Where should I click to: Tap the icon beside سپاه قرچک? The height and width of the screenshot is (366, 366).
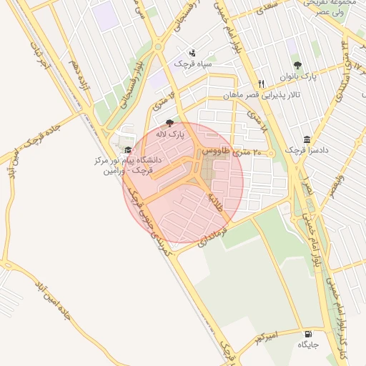[x=192, y=53]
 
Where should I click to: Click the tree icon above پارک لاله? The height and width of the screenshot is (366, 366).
[x=169, y=123]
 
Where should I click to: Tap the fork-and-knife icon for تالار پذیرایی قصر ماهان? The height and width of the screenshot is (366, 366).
[x=262, y=83]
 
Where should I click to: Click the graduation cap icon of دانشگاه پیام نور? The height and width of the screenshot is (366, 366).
[x=128, y=150]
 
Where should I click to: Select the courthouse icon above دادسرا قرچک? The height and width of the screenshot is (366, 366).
[x=307, y=139]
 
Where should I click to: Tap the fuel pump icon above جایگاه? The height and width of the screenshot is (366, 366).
[x=308, y=334]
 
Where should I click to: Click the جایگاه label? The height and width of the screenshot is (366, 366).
[x=307, y=345]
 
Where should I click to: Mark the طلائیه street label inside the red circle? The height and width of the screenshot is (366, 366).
[x=214, y=199]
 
